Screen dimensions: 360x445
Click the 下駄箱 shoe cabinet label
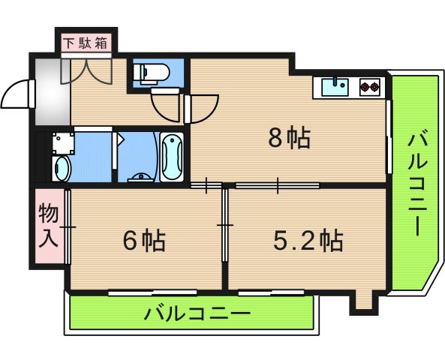[x=85, y=42]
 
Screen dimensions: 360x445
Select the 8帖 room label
[x=290, y=138]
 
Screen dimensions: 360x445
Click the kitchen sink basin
[x=335, y=88]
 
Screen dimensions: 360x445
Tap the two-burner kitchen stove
[x=369, y=88]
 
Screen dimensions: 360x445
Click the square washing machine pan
[x=62, y=143]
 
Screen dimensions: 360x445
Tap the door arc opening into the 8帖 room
[x=200, y=106]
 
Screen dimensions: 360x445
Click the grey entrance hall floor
[x=51, y=94]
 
